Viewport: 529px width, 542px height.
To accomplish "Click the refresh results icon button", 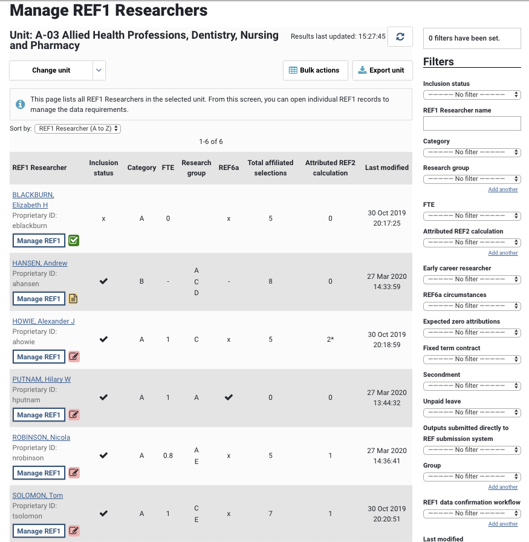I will [x=400, y=37].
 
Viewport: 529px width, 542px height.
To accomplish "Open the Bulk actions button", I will [x=315, y=70].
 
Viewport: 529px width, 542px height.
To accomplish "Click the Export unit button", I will [x=382, y=70].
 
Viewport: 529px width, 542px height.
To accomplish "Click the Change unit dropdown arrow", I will [x=99, y=70].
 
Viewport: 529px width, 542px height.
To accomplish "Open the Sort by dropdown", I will [x=78, y=129].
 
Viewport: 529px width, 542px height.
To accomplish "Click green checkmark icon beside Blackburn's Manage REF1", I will [x=74, y=241].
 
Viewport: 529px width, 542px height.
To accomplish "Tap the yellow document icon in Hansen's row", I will [x=74, y=299].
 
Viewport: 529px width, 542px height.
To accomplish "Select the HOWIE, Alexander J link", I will [x=44, y=321].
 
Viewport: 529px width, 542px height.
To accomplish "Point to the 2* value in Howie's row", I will [x=330, y=339].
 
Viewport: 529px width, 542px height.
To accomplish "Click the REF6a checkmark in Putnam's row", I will [x=229, y=397].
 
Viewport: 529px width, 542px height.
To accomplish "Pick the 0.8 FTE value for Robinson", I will [x=167, y=455].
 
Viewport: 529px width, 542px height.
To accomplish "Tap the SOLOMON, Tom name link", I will [x=37, y=495].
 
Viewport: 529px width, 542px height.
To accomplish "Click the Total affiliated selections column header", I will [x=270, y=168].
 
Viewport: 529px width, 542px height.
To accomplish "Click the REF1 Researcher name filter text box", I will [x=472, y=123].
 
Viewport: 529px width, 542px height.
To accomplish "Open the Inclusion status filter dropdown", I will [x=472, y=95].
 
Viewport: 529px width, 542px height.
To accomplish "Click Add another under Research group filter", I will [x=503, y=189].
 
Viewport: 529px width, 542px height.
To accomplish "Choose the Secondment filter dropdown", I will [x=472, y=386].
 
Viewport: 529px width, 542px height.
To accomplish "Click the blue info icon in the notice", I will [x=20, y=104].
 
